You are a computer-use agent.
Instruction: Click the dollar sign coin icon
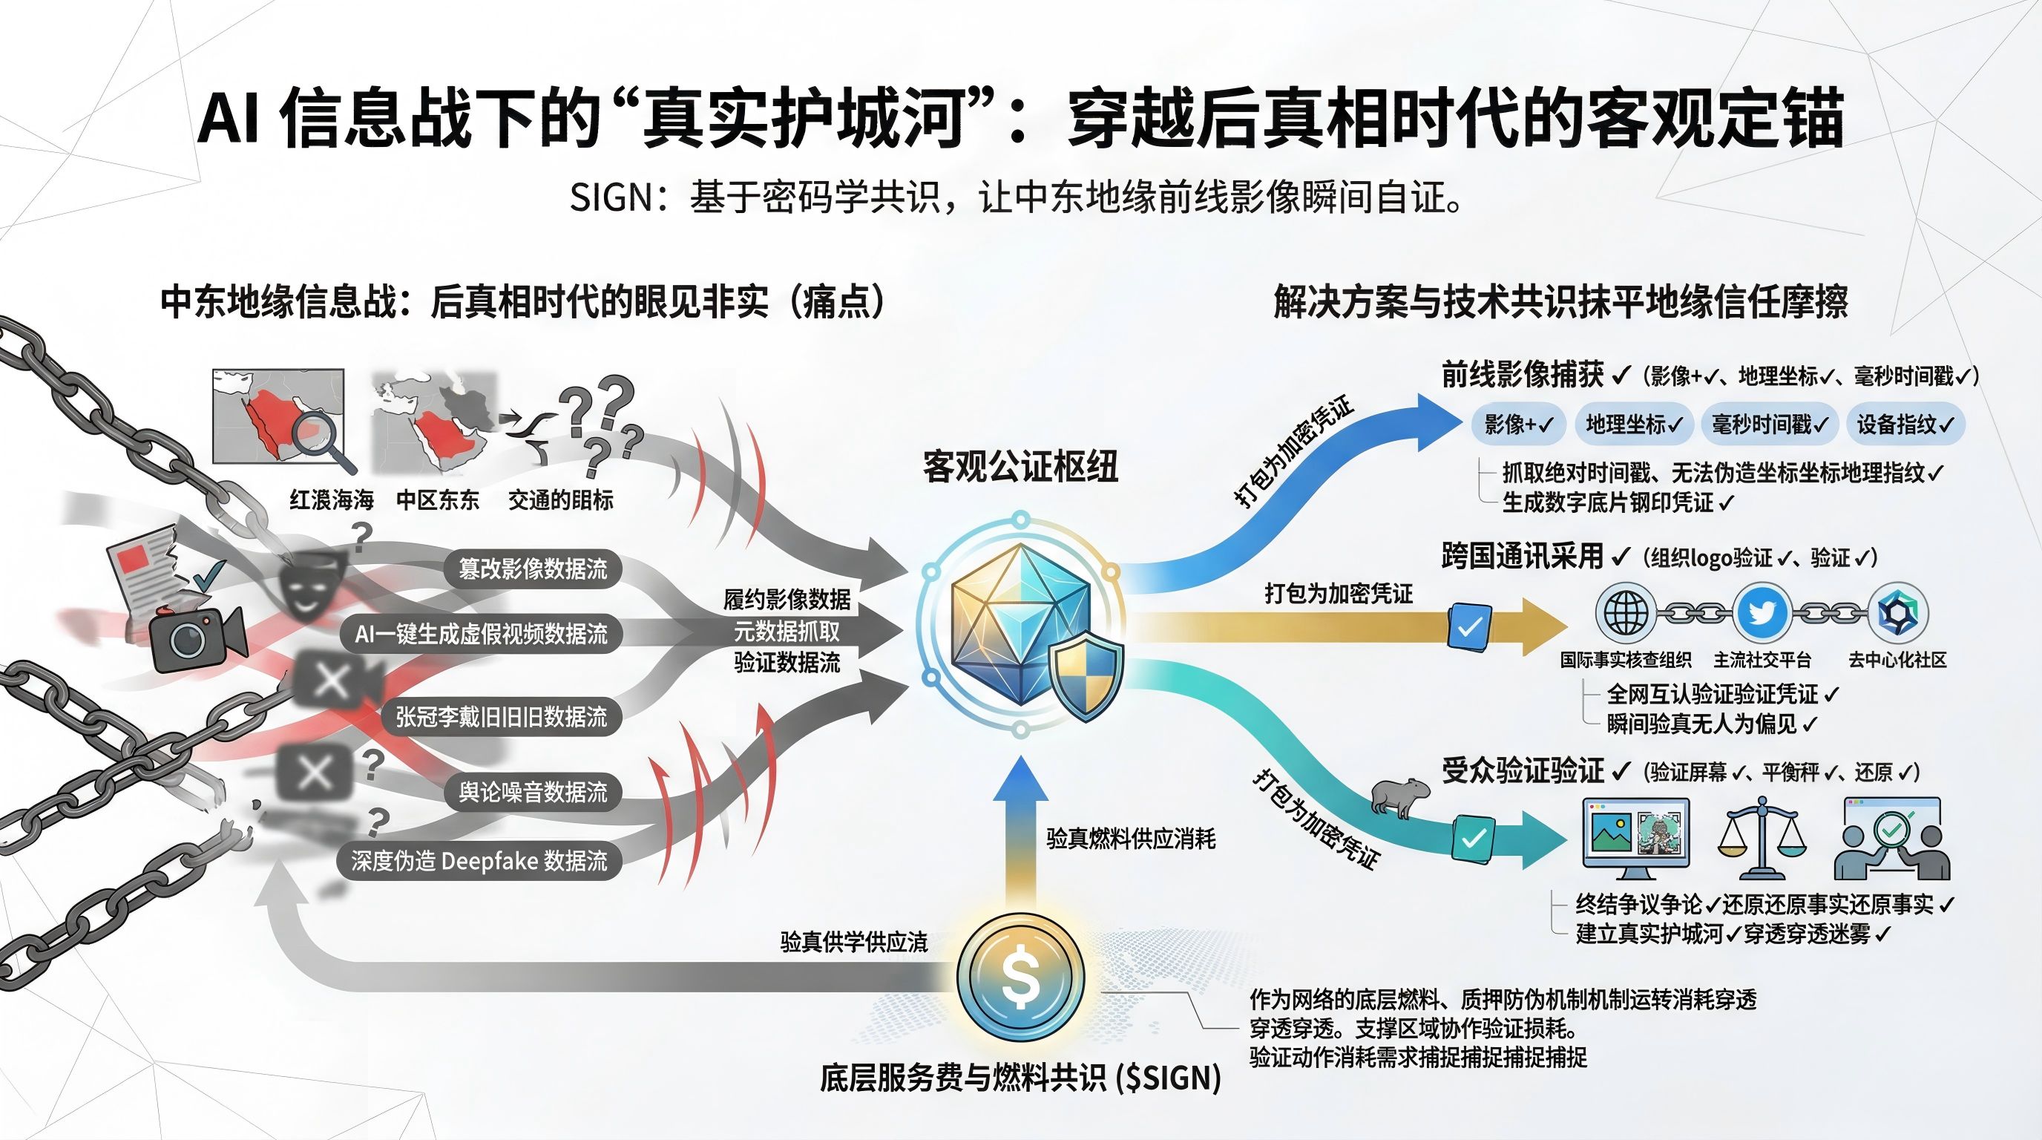(x=1020, y=976)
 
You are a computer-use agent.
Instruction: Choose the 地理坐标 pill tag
(x=1634, y=424)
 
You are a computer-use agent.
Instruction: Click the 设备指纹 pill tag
(x=1905, y=424)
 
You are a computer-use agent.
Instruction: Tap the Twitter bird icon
(x=1762, y=613)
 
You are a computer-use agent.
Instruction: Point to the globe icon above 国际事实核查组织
(x=1625, y=613)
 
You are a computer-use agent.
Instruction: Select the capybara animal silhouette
(x=1399, y=795)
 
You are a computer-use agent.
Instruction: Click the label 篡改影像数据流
(x=533, y=569)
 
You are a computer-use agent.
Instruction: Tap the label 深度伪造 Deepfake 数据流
(x=479, y=860)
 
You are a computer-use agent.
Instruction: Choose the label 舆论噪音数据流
(x=533, y=791)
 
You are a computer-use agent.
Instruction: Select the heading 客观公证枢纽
(x=1020, y=466)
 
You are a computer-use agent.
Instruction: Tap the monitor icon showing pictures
(x=1635, y=837)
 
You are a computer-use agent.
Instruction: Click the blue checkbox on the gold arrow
(x=1469, y=627)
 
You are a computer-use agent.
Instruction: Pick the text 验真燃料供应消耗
(x=1130, y=838)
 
